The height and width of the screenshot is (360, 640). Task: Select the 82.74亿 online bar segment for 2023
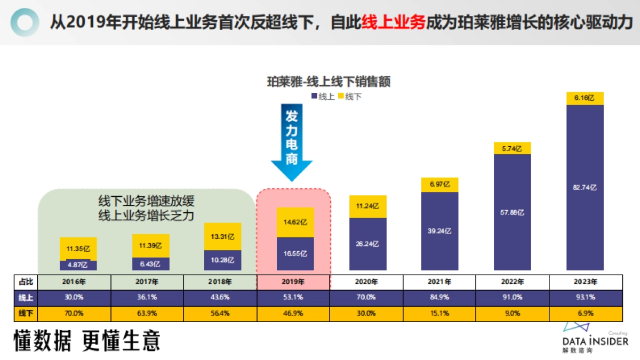click(x=585, y=187)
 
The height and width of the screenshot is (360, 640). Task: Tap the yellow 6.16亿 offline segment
click(x=585, y=98)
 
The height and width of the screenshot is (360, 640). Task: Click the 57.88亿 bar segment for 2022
click(x=513, y=212)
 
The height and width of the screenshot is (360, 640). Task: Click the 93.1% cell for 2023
click(x=586, y=298)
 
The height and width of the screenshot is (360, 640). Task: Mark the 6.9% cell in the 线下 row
click(x=586, y=314)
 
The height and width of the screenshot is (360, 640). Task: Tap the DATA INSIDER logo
click(x=595, y=339)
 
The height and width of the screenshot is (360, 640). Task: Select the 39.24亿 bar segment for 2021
click(x=440, y=231)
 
